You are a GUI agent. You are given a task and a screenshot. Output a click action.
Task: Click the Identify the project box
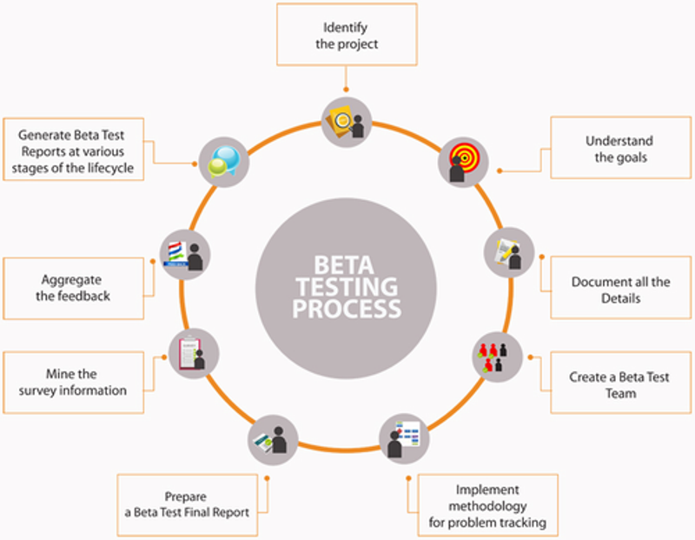[x=345, y=34]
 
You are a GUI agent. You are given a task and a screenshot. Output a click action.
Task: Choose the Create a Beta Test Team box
[x=619, y=385]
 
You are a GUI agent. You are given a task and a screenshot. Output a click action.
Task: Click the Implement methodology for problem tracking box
[x=486, y=506]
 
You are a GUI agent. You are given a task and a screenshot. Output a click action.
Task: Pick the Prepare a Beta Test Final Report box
[x=187, y=504]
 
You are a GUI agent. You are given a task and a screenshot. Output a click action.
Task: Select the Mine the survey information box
[x=72, y=383]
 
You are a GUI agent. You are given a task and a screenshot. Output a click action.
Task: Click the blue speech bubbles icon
[x=224, y=160]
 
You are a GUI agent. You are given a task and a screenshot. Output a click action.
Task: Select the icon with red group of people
[x=497, y=357]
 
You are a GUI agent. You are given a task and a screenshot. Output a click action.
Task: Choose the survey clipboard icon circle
[x=193, y=352]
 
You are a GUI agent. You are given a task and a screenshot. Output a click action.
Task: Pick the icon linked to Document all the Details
[x=508, y=252]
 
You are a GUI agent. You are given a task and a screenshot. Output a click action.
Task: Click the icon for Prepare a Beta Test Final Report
[x=273, y=439]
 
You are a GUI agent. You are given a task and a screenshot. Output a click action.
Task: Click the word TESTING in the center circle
[x=347, y=285]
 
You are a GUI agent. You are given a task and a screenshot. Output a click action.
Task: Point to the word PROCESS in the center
[x=347, y=308]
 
